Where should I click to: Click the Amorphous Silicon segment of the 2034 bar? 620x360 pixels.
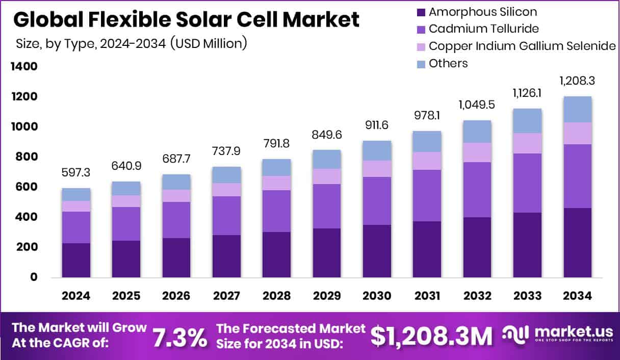(x=577, y=242)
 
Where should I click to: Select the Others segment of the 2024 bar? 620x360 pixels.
(x=76, y=194)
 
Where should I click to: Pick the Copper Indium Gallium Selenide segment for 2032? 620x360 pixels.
(x=477, y=152)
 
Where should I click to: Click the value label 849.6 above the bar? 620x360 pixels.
(x=327, y=136)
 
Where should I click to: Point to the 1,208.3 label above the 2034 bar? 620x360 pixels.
(x=577, y=81)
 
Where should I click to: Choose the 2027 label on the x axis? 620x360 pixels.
(x=226, y=296)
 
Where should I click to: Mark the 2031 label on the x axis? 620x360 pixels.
(x=427, y=296)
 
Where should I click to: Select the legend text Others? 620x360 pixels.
(x=448, y=63)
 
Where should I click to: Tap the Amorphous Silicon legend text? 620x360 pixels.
(x=483, y=12)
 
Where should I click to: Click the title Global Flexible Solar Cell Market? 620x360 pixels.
(x=186, y=19)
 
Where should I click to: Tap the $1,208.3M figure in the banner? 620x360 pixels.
(x=431, y=336)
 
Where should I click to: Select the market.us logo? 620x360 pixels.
(x=556, y=335)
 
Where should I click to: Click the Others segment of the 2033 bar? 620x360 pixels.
(x=527, y=120)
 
